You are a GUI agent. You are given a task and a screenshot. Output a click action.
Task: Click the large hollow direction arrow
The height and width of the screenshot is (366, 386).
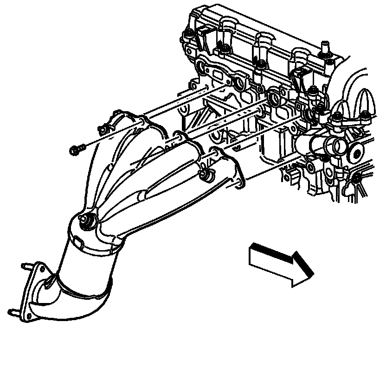[x=278, y=262]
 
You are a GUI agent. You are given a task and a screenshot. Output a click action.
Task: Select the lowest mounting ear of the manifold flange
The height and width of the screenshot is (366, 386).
[x=239, y=184]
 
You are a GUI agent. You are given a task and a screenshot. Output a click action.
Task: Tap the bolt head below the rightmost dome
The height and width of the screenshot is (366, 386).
[x=367, y=116]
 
